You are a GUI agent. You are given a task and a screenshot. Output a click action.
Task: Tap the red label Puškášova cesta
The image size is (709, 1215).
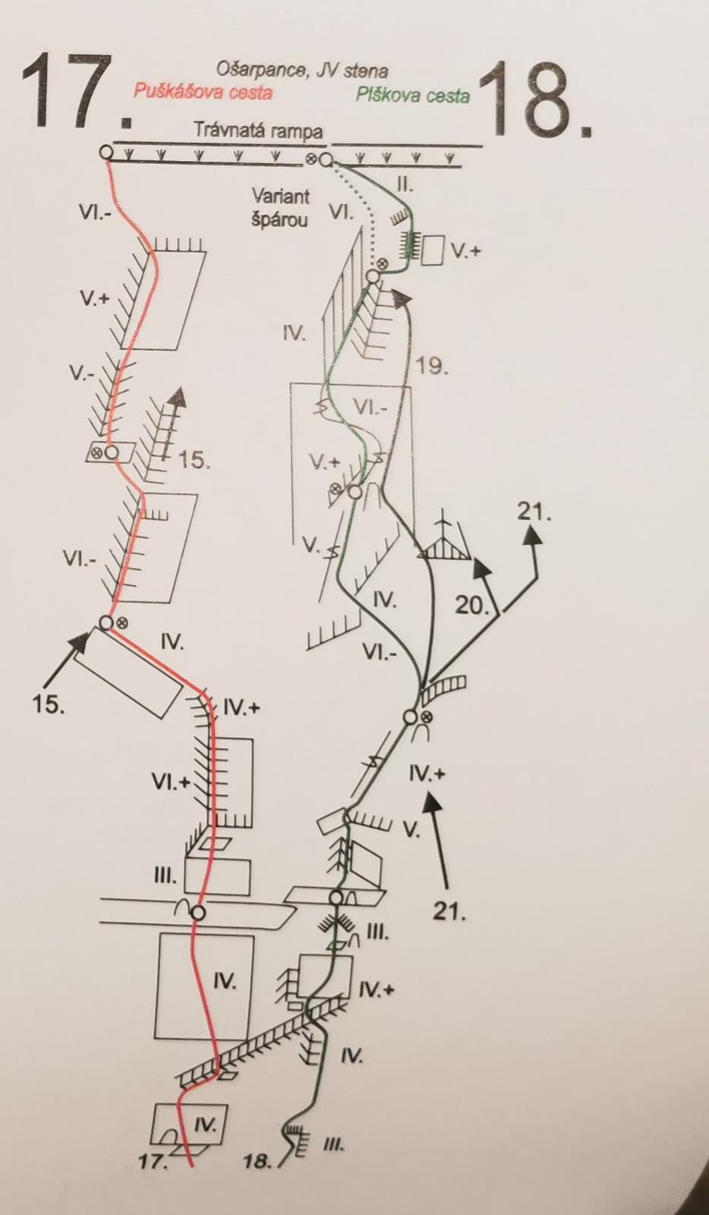pyautogui.click(x=203, y=91)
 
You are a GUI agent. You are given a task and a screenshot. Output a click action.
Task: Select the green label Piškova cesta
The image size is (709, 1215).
pyautogui.click(x=412, y=96)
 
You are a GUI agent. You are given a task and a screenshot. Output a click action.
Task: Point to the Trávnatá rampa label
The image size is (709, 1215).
pyautogui.click(x=258, y=131)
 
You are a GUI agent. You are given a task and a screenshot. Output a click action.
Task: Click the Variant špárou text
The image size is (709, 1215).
pyautogui.click(x=280, y=208)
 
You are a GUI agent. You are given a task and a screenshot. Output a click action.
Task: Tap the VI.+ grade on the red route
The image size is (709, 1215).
pyautogui.click(x=171, y=781)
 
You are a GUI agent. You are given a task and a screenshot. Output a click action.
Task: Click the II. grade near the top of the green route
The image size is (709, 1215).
pyautogui.click(x=405, y=185)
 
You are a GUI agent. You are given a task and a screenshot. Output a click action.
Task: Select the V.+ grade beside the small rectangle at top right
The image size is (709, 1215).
pyautogui.click(x=465, y=251)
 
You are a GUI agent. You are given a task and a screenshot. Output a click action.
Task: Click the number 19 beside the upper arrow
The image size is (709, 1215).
pyautogui.click(x=432, y=367)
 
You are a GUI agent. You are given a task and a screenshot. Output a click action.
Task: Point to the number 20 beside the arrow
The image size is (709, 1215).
pyautogui.click(x=471, y=605)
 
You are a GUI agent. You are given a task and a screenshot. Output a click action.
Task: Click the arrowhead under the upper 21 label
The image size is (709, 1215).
pyautogui.click(x=534, y=535)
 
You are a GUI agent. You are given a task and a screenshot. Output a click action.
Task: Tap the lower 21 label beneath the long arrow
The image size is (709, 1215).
pyautogui.click(x=449, y=912)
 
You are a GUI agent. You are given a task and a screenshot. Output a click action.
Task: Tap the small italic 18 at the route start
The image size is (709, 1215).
pyautogui.click(x=257, y=1161)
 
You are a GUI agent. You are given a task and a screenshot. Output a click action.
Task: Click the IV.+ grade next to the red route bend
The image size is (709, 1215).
pyautogui.click(x=241, y=707)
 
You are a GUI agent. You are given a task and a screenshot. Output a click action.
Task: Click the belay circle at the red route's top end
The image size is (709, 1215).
pyautogui.click(x=106, y=152)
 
